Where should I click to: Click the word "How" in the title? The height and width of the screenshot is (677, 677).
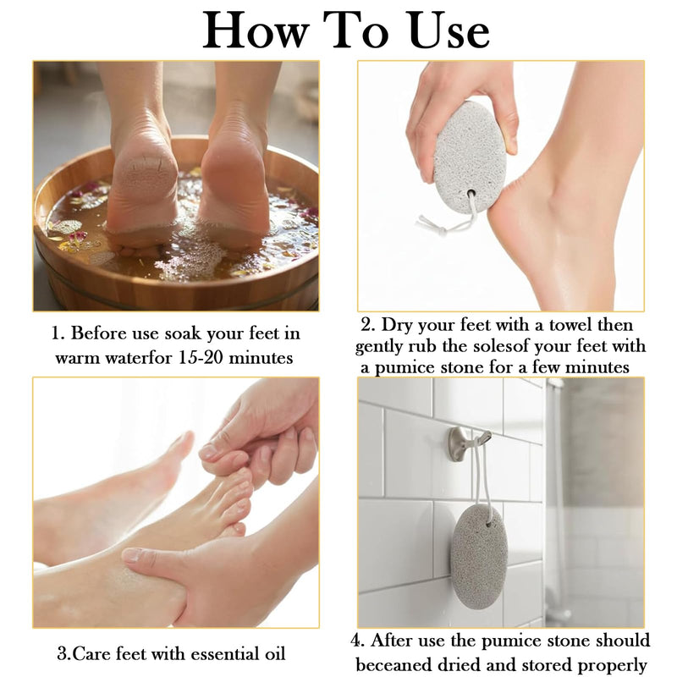coord(256,30)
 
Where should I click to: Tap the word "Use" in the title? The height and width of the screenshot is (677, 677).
coord(449,30)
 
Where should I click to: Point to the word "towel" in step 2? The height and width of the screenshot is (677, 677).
coord(570,325)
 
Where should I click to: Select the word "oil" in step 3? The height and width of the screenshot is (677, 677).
coord(275,653)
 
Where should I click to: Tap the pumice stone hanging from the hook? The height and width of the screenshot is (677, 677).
coord(479,557)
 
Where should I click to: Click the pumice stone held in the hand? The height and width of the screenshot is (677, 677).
coord(471,157)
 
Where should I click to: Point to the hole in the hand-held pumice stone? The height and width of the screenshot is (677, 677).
coord(471,194)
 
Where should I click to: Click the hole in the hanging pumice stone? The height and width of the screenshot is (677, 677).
coord(488,525)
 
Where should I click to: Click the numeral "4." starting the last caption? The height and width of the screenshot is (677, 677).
coord(357,641)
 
